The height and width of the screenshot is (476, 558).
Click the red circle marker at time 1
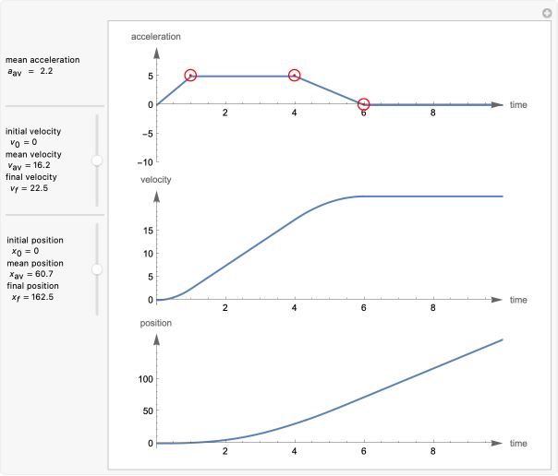pyautogui.click(x=190, y=76)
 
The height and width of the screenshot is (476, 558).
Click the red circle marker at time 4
pyautogui.click(x=295, y=76)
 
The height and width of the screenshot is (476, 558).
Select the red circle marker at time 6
pyautogui.click(x=364, y=104)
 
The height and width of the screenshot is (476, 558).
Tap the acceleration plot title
pyautogui.click(x=156, y=37)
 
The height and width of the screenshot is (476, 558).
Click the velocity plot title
pyautogui.click(x=155, y=178)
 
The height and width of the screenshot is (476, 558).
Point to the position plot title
pyautogui.click(x=155, y=323)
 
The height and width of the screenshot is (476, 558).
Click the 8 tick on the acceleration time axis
pyautogui.click(x=433, y=113)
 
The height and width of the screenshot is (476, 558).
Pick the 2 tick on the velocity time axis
pyautogui.click(x=225, y=308)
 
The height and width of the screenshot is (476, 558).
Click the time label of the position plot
pyautogui.click(x=518, y=444)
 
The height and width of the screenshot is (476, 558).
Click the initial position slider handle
pyautogui.click(x=97, y=269)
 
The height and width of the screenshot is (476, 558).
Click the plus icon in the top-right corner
pyautogui.click(x=546, y=12)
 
